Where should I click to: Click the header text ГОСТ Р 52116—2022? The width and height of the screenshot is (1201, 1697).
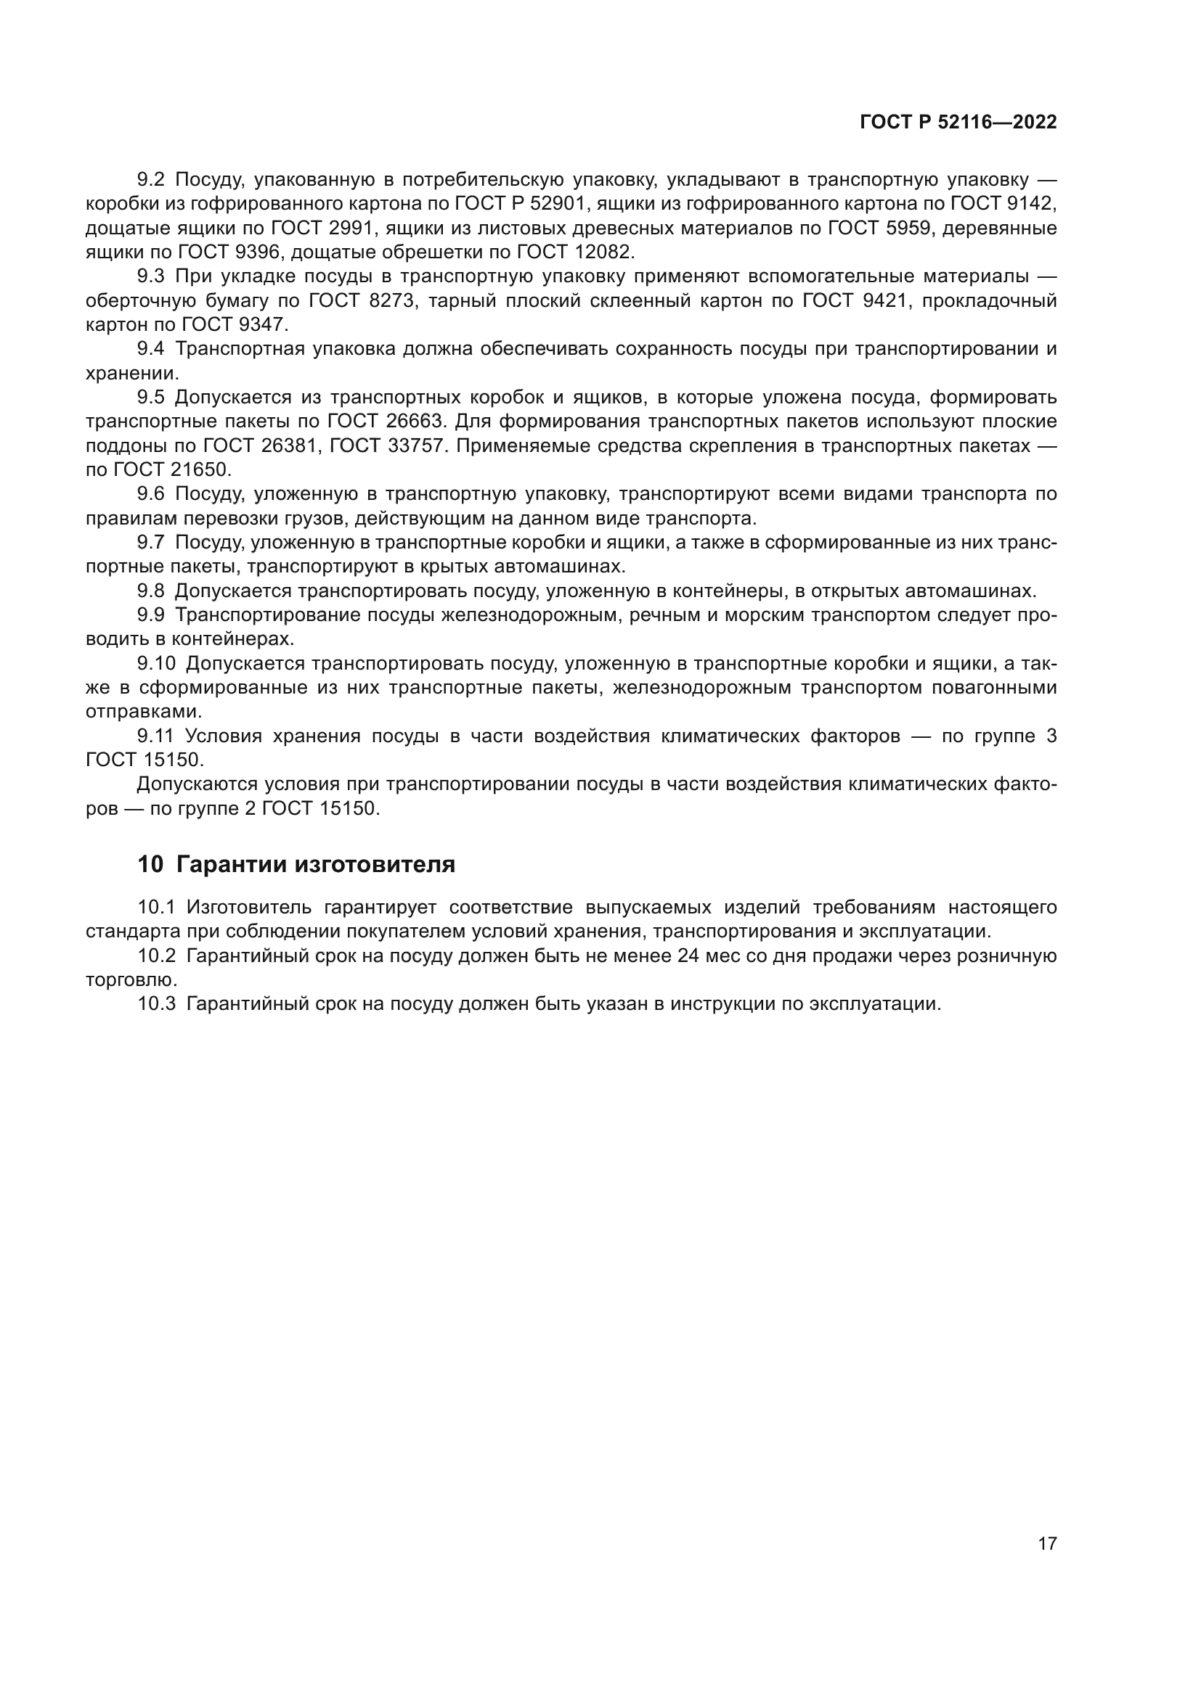point(958,123)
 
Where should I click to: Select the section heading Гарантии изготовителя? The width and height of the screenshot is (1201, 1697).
point(316,864)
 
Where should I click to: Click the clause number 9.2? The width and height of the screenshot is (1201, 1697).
point(151,180)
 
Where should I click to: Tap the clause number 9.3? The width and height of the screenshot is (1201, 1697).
point(151,276)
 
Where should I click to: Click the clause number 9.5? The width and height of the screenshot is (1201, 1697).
point(151,398)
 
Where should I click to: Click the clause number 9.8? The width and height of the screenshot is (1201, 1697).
point(151,591)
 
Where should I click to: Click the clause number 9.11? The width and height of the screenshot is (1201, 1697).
point(155,736)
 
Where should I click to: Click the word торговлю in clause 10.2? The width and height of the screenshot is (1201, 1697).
point(129,980)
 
